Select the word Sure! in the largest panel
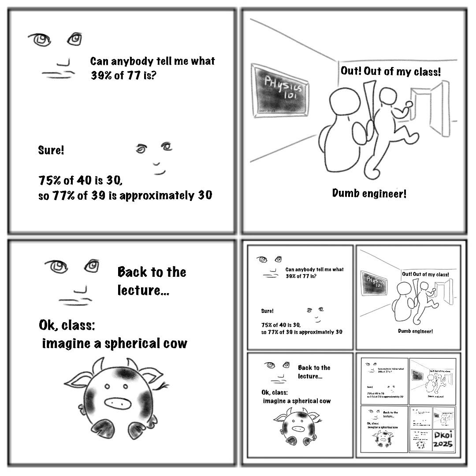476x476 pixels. pos(51,150)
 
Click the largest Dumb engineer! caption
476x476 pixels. pos(369,193)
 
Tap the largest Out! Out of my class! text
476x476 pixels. pos(390,71)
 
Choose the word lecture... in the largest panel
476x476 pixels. pos(143,290)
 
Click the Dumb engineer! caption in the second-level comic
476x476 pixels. pos(415,331)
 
